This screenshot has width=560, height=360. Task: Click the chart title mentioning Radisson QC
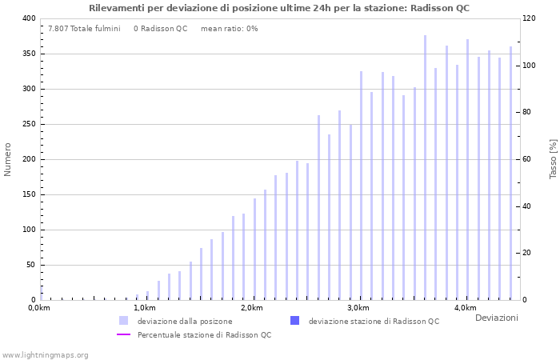tap(279, 8)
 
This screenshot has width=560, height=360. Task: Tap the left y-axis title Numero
tap(8, 159)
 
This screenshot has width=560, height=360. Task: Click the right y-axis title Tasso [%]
tap(553, 158)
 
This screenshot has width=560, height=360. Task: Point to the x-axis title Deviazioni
tap(496, 318)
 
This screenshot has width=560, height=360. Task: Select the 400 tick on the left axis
tap(28, 18)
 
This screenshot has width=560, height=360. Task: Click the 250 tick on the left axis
tap(28, 124)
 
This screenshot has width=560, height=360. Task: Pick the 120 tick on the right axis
tap(530, 18)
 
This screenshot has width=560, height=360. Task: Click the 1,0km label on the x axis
tap(145, 308)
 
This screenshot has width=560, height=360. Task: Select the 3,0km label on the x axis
tap(358, 308)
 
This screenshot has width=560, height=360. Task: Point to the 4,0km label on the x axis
tap(465, 308)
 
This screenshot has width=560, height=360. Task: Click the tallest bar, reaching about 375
tap(425, 168)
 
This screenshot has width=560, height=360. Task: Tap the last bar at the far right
tap(510, 173)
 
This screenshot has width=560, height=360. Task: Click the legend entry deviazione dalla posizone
tap(185, 321)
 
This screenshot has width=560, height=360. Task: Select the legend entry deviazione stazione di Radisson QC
tap(374, 321)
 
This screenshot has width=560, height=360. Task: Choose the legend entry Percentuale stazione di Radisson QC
tap(204, 334)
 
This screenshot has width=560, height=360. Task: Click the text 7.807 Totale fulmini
tap(84, 29)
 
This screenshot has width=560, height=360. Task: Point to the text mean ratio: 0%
tap(230, 29)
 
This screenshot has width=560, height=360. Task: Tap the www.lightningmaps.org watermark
tap(45, 354)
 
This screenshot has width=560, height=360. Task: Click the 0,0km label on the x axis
tap(39, 308)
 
